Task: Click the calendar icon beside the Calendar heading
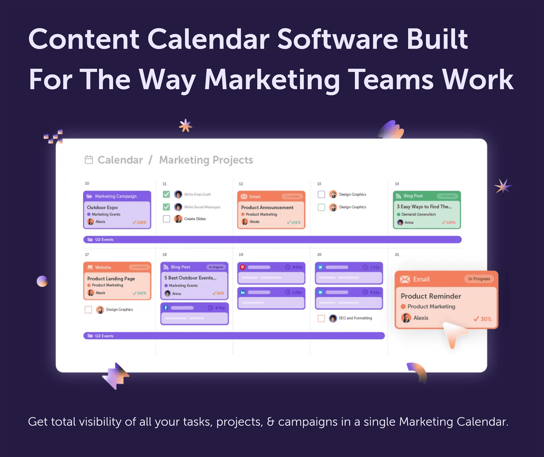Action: (x=89, y=160)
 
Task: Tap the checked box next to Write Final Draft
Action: (x=166, y=194)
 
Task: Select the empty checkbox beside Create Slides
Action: (x=166, y=219)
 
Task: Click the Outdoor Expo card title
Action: (x=102, y=207)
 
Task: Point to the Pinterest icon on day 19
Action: (x=243, y=267)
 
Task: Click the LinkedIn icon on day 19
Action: (x=243, y=292)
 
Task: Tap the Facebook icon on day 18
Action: (x=166, y=308)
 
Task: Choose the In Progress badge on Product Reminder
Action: (x=479, y=279)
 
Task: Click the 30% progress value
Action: (x=486, y=319)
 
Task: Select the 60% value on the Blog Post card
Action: (x=220, y=293)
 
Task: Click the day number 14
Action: (x=397, y=184)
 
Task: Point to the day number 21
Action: (x=397, y=254)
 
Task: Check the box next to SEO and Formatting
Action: (x=321, y=318)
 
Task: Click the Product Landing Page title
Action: (x=111, y=279)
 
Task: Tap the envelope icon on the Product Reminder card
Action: (x=405, y=279)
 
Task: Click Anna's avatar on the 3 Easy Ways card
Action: (x=400, y=222)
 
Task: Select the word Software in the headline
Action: (x=338, y=39)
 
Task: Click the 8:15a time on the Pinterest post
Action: (x=297, y=267)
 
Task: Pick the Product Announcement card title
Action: (x=267, y=207)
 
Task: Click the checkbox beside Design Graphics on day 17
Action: (x=88, y=310)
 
